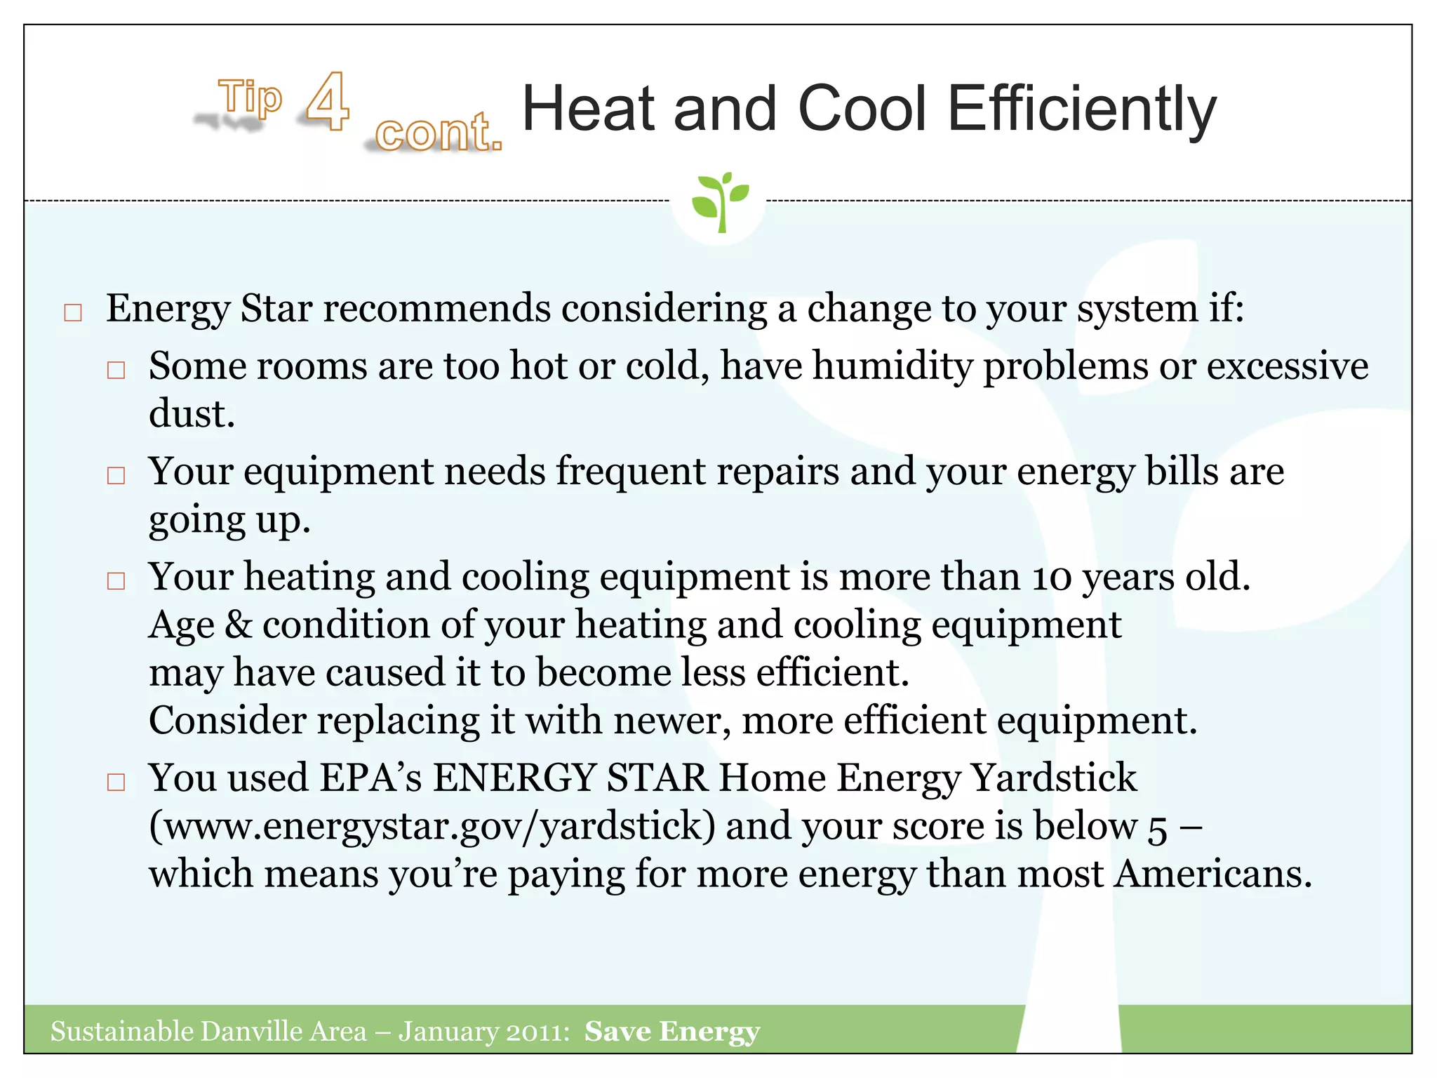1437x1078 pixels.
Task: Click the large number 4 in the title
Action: coord(328,102)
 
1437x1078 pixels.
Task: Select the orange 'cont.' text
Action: coord(439,132)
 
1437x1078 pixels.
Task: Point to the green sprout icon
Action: coord(719,201)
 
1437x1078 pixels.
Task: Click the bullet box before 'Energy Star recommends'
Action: coord(73,312)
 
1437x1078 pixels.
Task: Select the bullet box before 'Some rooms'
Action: coord(116,370)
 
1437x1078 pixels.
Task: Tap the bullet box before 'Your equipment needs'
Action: coord(116,475)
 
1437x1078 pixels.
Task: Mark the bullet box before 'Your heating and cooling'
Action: coord(116,580)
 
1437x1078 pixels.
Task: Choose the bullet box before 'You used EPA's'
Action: coord(116,782)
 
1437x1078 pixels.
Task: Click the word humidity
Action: coord(893,366)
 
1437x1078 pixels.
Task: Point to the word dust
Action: coord(191,414)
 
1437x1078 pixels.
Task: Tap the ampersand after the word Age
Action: coord(239,625)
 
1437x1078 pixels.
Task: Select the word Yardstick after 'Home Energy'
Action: coord(1053,778)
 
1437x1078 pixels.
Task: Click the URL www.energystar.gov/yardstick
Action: coord(432,826)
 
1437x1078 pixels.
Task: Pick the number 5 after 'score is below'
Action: coord(1158,829)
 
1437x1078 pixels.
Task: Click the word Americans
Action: coord(1213,874)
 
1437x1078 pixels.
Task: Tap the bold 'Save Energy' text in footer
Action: coord(672,1032)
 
